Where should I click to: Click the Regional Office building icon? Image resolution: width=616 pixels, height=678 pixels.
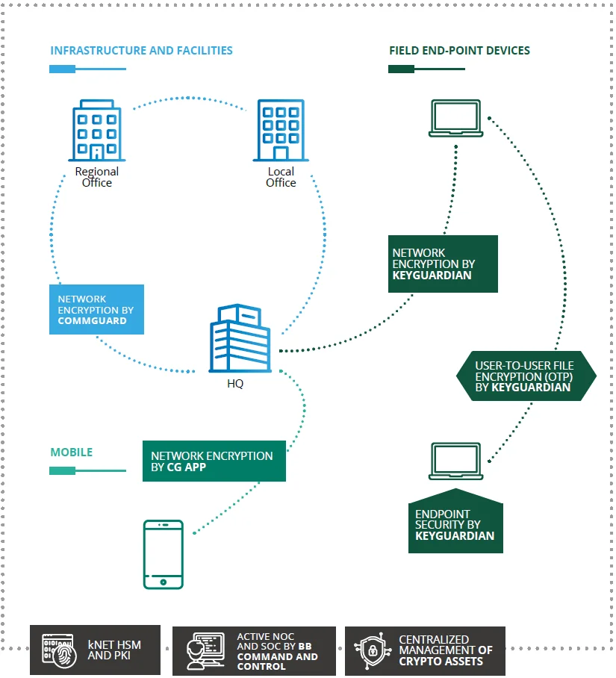pos(96,132)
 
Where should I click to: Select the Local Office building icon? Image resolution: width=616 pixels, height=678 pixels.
pos(281,131)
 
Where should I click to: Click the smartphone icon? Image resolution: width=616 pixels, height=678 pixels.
pos(164,554)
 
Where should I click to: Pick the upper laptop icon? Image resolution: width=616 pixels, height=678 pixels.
pos(455,119)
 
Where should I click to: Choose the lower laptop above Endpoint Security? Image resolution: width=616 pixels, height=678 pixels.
pos(455,461)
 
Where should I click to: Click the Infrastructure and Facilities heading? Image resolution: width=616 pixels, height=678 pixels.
pos(141,51)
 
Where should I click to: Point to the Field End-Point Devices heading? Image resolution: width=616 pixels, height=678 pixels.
pos(459,51)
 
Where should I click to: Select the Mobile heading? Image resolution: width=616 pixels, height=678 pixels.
pos(72,452)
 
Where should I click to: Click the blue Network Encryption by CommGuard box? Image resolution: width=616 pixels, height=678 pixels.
pos(96,309)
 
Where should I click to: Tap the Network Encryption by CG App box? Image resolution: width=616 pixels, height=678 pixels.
pos(214,461)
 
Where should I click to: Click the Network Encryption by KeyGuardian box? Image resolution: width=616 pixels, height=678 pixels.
pos(443,264)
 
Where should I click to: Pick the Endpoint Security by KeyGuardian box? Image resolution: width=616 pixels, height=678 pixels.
pos(455,524)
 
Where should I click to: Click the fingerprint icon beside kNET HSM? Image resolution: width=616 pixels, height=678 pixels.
pos(58,650)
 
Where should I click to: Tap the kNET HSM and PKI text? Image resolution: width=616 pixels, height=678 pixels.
pos(114,650)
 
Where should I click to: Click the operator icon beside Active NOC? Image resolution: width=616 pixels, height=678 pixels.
pos(205,650)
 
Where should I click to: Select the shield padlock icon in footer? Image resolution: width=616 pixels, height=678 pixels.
pos(372,650)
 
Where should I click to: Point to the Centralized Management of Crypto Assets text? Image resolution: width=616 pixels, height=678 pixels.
pos(446,650)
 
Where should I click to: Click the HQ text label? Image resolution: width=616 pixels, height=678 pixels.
pos(235,384)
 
